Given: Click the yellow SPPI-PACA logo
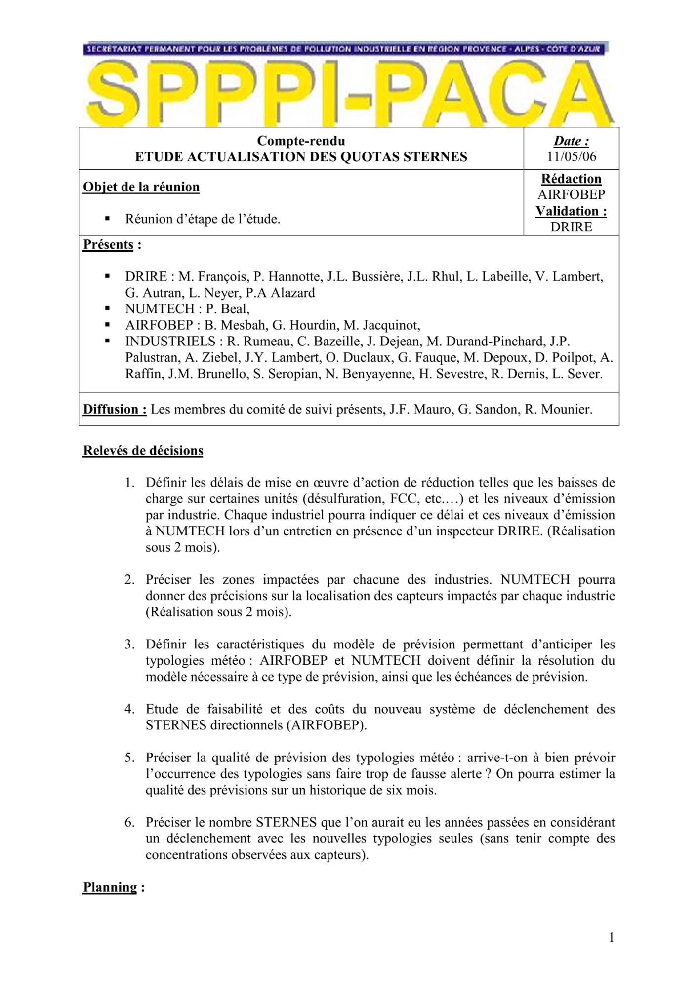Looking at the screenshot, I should pos(348,91).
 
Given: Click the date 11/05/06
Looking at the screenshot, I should pos(571,157).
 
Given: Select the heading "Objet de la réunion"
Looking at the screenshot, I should pos(141,187).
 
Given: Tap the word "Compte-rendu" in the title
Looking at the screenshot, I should pos(301,141).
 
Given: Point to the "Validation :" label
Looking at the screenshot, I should pos(571,211).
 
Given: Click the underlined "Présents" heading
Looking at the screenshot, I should pos(108,245).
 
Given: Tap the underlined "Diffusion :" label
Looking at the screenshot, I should pos(115,410).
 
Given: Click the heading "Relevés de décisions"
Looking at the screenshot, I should pos(143,451).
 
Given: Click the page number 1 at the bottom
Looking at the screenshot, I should pos(612,937).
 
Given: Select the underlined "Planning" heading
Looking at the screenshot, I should pos(110,887).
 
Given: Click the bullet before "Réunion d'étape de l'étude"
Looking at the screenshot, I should pos(107,219).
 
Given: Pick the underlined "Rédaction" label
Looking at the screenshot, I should pos(571,179).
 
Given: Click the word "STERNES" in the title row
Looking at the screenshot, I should pos(435,157).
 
